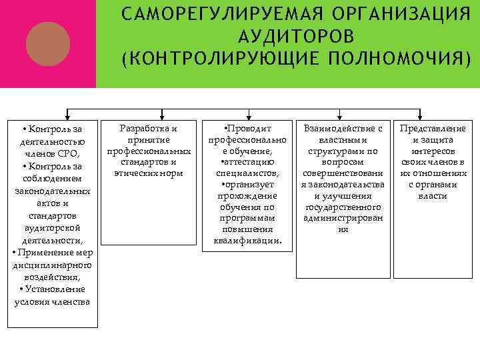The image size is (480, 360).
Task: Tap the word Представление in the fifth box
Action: tap(432, 127)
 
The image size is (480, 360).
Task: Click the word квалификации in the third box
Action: tap(247, 240)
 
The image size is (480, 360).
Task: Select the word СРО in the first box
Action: tap(69, 153)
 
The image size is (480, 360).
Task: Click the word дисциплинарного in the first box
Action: tap(53, 265)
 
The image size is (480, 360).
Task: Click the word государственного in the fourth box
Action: tap(343, 207)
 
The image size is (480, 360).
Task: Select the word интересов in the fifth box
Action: tap(432, 151)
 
